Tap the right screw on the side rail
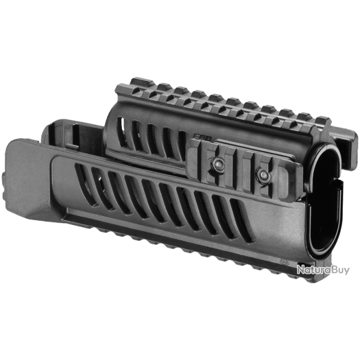263,174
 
